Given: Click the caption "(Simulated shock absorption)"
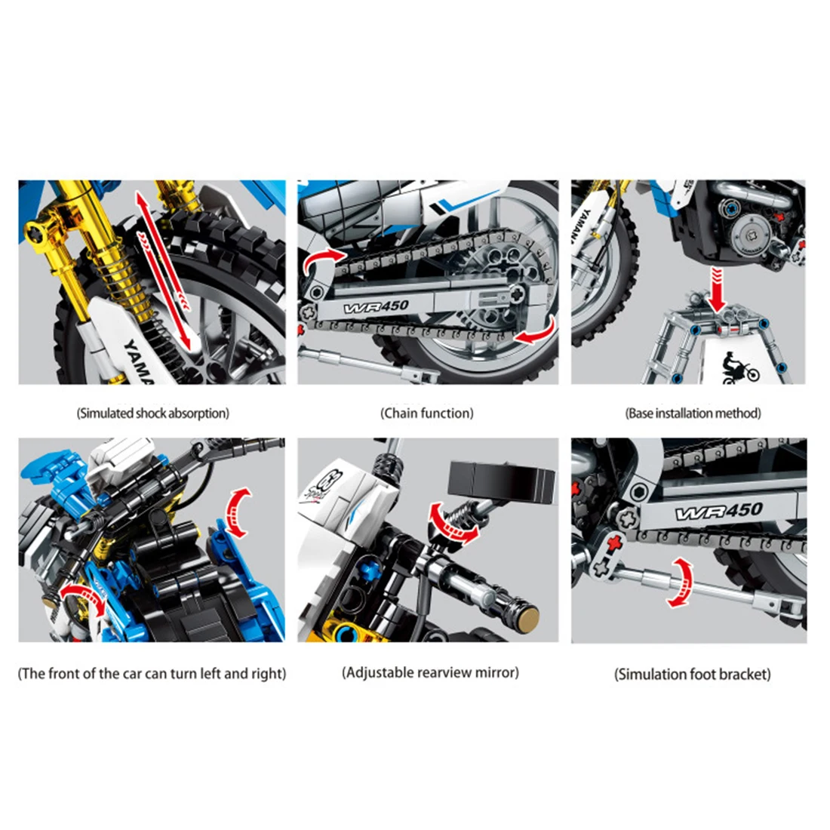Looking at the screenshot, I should click(152, 413).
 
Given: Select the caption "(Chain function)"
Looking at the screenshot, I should click(427, 413).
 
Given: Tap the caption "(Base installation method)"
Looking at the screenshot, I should click(693, 413).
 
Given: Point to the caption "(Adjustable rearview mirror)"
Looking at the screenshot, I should click(430, 672).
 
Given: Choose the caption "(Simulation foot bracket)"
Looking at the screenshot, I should click(693, 674).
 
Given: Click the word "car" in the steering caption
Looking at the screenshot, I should click(142, 673).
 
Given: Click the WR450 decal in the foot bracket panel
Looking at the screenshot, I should click(720, 512).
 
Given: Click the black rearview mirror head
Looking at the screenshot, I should click(501, 481).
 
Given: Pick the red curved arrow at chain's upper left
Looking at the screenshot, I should click(324, 263).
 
